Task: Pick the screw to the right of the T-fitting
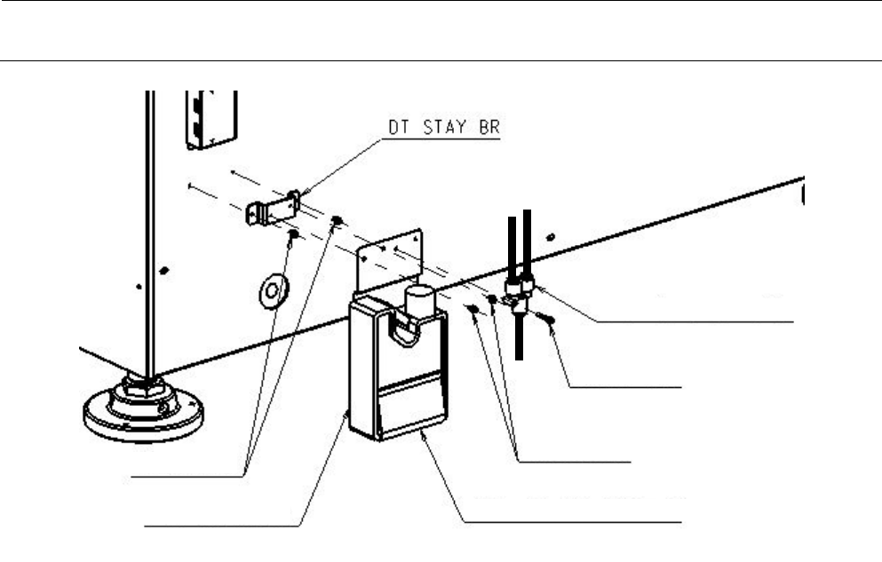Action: click(x=551, y=322)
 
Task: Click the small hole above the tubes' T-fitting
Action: click(x=551, y=236)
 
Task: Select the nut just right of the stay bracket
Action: click(x=337, y=220)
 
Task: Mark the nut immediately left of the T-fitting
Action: click(x=493, y=299)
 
